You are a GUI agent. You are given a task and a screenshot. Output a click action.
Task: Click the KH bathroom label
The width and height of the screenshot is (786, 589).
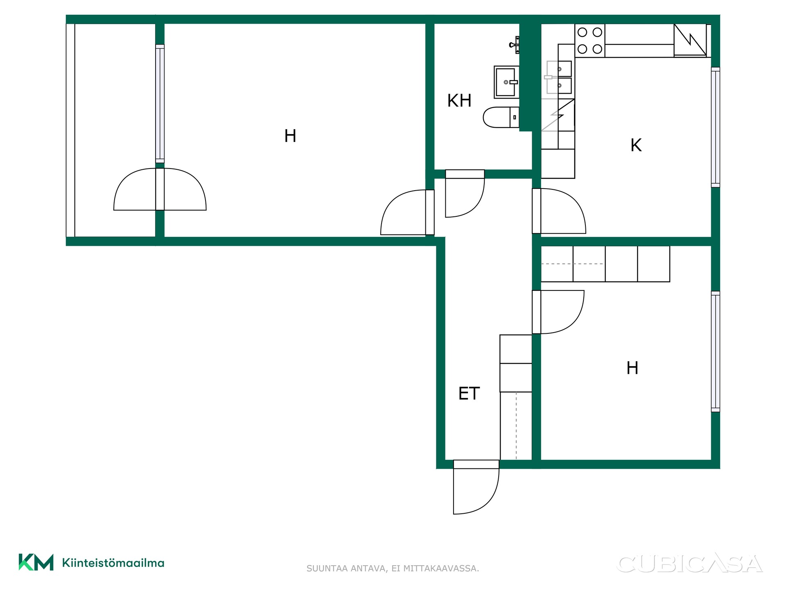coord(459,101)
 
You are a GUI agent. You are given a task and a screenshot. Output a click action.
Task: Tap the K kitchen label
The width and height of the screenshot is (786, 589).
coord(636,145)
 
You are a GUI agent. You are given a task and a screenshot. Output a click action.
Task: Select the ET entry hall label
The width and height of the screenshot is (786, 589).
coord(469,393)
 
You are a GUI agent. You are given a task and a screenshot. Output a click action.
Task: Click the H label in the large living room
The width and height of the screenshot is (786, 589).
coord(290,136)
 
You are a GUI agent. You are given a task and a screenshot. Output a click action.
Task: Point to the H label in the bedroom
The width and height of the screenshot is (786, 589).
coord(632,368)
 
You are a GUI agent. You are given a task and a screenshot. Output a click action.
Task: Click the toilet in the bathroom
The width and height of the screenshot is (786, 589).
coord(501,117)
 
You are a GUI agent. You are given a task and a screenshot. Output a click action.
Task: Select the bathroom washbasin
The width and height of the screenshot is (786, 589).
coord(506,82)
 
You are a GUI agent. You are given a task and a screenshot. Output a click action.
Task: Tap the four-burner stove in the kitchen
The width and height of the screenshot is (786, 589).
coord(590,40)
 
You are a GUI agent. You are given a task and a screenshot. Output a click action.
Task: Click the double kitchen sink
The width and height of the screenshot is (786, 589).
coord(559,77)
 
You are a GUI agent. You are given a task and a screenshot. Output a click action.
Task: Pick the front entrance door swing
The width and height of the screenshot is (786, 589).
coord(477,487)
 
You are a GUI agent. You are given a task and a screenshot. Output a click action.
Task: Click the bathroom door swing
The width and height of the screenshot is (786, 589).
coord(465,193)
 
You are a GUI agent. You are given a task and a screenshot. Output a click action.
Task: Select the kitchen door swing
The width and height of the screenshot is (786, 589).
coord(559,211)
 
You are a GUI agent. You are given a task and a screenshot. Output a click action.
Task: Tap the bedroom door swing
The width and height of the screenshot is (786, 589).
coord(558,312)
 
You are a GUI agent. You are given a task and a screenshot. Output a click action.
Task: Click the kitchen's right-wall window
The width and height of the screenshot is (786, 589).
coord(716,127)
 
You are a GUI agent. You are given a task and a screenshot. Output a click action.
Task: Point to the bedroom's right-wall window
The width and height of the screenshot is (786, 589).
coord(716,351)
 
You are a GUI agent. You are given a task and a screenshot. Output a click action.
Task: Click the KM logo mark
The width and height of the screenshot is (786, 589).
coord(36,562)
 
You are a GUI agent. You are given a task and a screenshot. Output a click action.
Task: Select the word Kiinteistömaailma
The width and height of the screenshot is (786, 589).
coord(113,563)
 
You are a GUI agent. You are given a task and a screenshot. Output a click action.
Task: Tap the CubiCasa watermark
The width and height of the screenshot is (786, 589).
coord(689,563)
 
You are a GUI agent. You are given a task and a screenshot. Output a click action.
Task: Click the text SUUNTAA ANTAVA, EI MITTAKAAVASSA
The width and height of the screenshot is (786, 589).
coord(393,568)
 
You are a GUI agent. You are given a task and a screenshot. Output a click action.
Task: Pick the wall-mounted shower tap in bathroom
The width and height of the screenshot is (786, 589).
coord(515,45)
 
